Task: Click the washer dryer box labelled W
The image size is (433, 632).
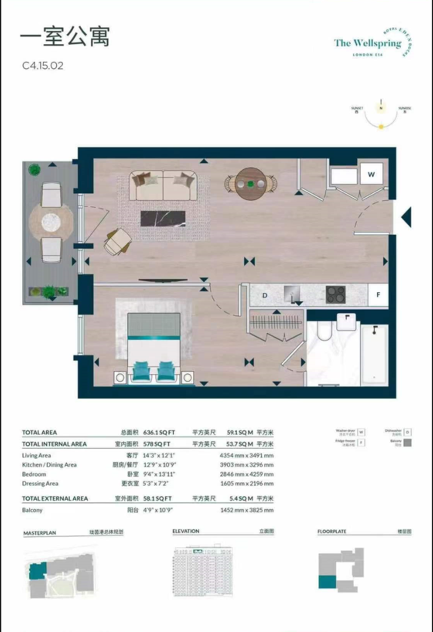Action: (371, 174)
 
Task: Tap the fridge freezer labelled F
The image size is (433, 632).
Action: (378, 295)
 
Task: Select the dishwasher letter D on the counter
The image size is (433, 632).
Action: (265, 295)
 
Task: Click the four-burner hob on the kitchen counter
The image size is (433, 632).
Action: (335, 295)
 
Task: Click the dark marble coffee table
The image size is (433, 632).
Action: (163, 218)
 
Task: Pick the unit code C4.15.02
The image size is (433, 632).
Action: (43, 66)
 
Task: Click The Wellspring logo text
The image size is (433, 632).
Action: (368, 43)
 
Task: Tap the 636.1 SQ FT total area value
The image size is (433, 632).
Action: (159, 432)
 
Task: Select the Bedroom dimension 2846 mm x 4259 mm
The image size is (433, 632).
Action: (246, 474)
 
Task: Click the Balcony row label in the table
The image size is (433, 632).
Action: (32, 510)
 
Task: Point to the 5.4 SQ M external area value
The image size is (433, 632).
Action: (241, 498)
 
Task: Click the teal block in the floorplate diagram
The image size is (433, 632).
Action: (327, 582)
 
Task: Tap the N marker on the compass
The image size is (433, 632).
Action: (381, 108)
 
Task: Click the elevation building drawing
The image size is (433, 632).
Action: (202, 571)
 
